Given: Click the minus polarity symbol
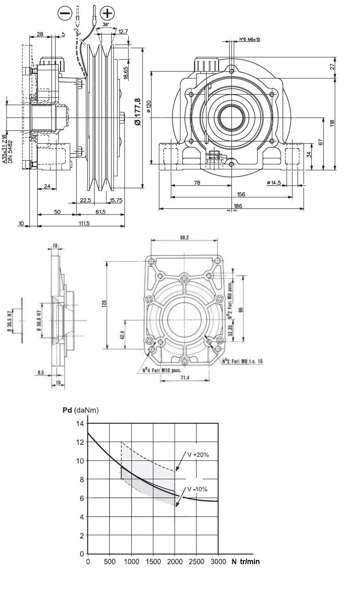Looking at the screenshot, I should pyautogui.click(x=65, y=14).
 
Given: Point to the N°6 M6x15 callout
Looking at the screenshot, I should pyautogui.click(x=250, y=39).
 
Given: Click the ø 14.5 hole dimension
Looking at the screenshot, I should pyautogui.click(x=274, y=183).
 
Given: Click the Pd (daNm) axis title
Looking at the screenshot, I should pyautogui.click(x=80, y=410).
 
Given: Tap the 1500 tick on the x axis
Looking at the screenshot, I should pyautogui.click(x=153, y=562).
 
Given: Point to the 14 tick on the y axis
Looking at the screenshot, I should pyautogui.click(x=80, y=423).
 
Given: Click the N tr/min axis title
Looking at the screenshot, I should pyautogui.click(x=245, y=562).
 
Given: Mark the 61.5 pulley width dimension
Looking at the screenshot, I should pyautogui.click(x=101, y=212).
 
